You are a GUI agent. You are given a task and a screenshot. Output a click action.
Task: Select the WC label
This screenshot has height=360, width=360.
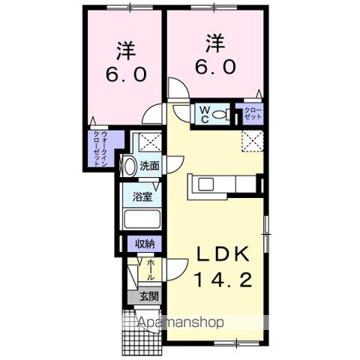coord(202,115)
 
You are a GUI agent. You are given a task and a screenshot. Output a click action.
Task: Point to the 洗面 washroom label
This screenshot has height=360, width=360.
coord(149,166)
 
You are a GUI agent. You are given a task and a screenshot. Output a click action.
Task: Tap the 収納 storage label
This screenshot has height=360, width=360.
coord(145,244)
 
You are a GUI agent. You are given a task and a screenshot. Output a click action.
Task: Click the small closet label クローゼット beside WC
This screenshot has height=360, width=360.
coord(253,115)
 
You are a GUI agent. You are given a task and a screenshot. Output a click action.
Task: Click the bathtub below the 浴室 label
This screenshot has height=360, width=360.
coord(142,220)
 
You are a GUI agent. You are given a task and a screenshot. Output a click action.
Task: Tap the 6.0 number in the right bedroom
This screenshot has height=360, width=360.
coord(217,66)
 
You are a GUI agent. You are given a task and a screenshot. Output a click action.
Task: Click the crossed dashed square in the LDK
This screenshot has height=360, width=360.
coord(253,140)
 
